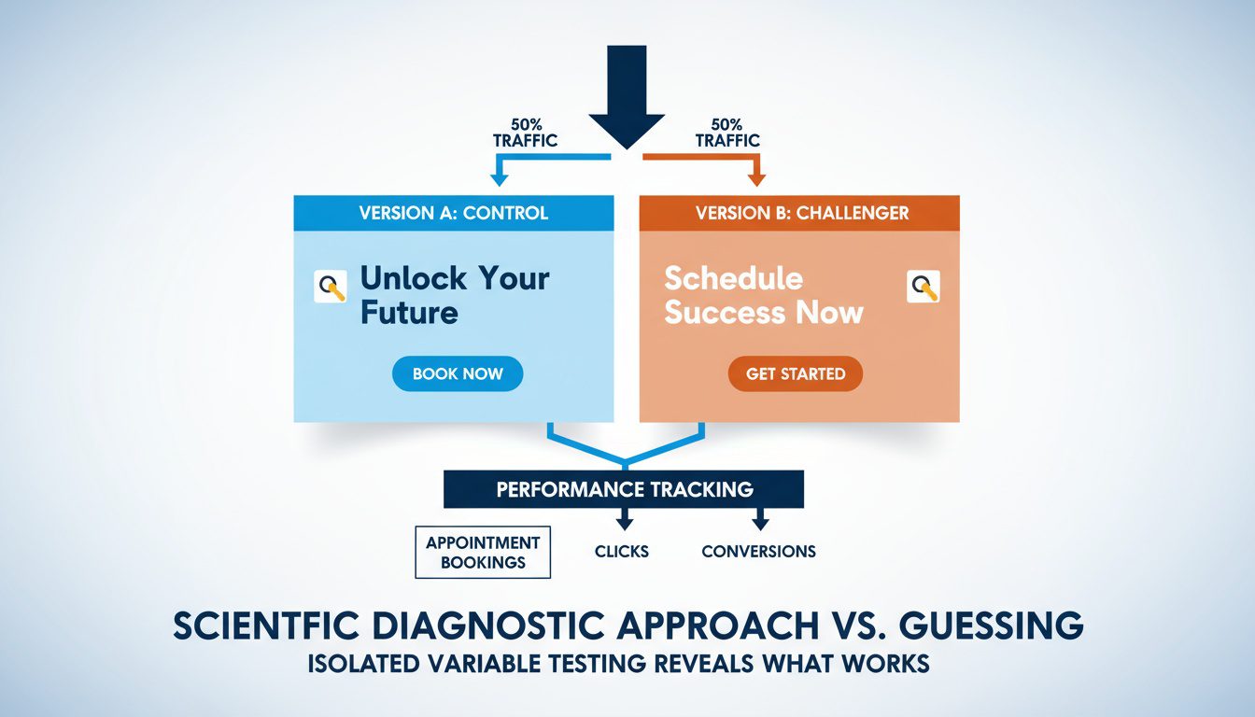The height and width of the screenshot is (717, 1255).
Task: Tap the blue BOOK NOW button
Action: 458,373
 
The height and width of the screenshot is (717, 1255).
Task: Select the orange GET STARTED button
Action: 795,373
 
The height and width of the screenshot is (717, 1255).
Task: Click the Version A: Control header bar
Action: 454,213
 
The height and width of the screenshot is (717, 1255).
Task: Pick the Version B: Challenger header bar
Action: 799,213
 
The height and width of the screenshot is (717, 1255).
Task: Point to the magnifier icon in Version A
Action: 331,287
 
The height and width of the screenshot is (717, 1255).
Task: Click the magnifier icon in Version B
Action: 923,287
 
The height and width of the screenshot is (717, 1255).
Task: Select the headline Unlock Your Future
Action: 454,294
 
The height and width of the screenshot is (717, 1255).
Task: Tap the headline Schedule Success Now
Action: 763,295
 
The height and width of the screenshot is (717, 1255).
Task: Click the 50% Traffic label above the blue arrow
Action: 525,133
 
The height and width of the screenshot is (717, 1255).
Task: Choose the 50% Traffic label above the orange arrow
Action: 726,133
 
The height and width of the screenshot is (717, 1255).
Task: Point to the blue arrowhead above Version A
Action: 499,178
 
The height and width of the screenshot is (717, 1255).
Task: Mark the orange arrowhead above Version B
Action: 755,177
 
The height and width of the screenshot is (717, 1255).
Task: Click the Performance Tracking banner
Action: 624,489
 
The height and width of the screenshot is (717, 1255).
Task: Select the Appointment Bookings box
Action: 483,552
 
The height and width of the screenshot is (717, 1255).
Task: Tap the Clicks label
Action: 621,552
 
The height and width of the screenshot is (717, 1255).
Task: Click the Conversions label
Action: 758,552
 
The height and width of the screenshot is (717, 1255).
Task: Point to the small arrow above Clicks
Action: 623,519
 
